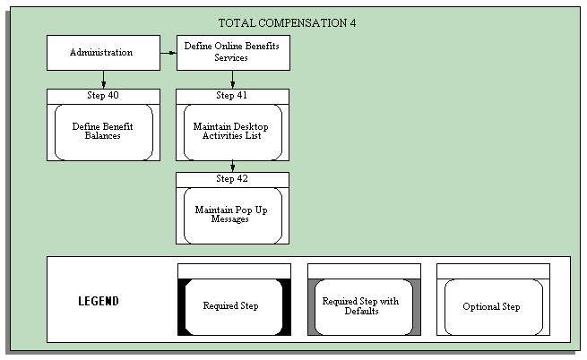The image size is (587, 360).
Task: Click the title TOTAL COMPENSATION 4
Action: [287, 22]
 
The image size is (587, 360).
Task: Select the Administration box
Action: [103, 52]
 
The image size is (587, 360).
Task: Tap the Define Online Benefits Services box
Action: [232, 52]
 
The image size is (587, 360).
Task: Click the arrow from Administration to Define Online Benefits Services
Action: [168, 53]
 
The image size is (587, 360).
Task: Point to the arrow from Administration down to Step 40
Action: [103, 80]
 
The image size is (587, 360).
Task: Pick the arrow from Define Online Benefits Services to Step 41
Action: [232, 80]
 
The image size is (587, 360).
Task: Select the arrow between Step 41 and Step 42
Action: [232, 166]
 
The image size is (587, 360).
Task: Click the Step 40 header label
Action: [103, 95]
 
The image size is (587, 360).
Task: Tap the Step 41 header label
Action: [232, 95]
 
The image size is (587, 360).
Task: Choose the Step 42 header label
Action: [232, 178]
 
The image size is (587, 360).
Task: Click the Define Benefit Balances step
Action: [103, 132]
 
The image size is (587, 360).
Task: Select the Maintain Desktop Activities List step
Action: [232, 132]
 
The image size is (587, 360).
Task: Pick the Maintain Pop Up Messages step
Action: [232, 215]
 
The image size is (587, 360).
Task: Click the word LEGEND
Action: [99, 302]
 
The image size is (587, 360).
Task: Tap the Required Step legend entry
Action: [231, 306]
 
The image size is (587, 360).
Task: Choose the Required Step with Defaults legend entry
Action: [360, 306]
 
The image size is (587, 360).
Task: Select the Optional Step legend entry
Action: [490, 306]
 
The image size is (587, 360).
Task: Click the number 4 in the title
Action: [352, 22]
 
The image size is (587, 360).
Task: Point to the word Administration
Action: [101, 52]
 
